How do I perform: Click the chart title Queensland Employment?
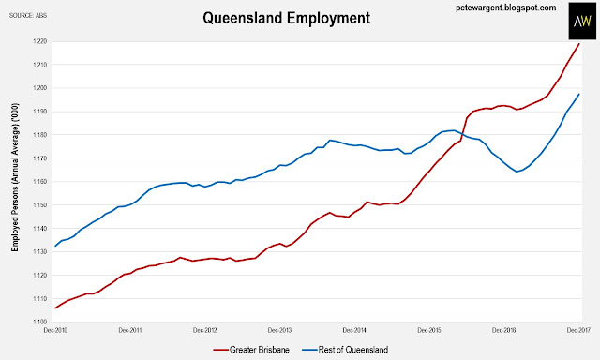click(x=286, y=18)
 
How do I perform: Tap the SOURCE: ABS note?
click(x=28, y=16)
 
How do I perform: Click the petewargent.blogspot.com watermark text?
click(x=506, y=7)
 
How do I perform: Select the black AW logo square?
click(x=582, y=21)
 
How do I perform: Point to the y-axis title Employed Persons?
click(x=15, y=177)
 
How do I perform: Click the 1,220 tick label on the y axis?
click(x=39, y=41)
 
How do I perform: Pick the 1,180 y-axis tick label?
click(x=39, y=135)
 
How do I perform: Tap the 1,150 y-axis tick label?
click(x=39, y=205)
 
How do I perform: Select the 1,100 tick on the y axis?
click(x=39, y=322)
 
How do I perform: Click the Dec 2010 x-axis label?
click(x=55, y=330)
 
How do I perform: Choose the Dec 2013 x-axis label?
click(x=279, y=330)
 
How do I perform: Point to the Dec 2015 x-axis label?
click(x=429, y=330)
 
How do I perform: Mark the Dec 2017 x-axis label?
click(x=578, y=330)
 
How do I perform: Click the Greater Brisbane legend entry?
click(x=251, y=350)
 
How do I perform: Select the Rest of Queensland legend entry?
click(x=345, y=350)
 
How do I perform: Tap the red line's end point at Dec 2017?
click(x=579, y=44)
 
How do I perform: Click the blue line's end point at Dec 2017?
click(x=579, y=94)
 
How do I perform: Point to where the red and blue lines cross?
click(x=462, y=135)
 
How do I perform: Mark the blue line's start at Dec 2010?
click(x=55, y=246)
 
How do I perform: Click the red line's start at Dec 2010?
click(x=55, y=308)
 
